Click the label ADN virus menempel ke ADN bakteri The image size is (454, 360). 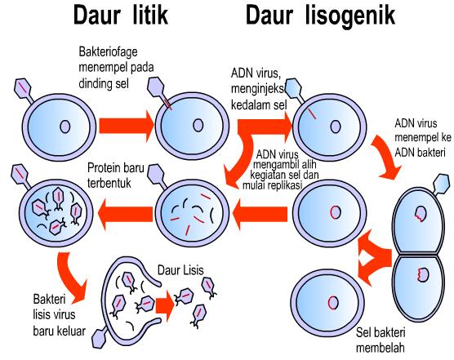point(421,136)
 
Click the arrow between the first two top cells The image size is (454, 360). point(125,126)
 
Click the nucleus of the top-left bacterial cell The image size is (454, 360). point(63,127)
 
